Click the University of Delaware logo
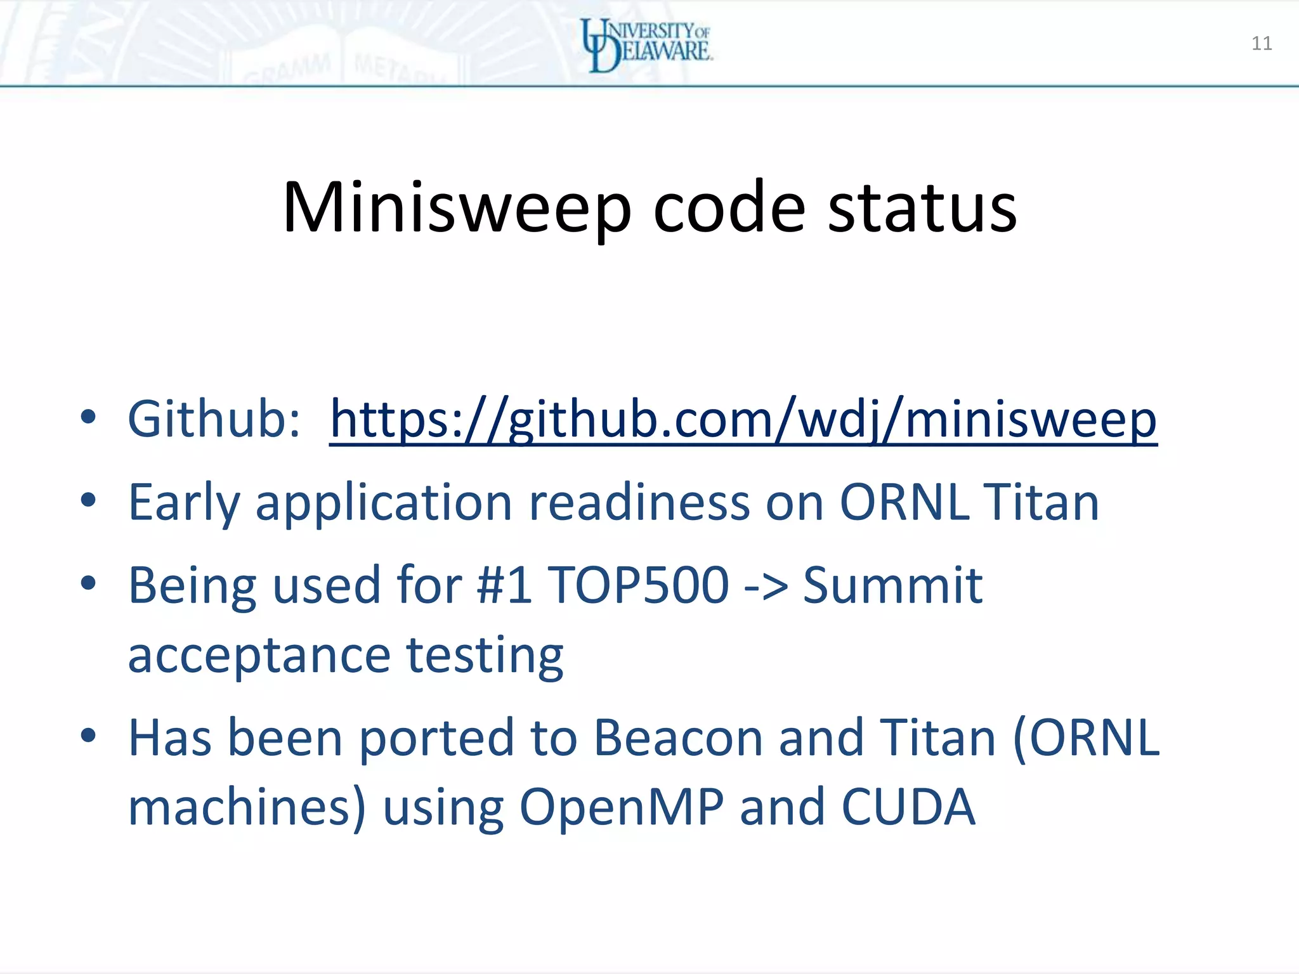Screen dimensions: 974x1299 click(647, 44)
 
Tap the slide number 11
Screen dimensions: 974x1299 click(1262, 43)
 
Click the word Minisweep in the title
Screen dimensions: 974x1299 click(457, 208)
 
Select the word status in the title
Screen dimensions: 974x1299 click(922, 208)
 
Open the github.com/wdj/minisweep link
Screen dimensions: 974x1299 click(743, 420)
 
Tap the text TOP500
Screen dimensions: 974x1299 click(637, 585)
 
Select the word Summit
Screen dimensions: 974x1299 click(892, 585)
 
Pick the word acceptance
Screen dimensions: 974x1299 click(259, 656)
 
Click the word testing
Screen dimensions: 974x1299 click(485, 656)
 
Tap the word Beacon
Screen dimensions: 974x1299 click(678, 738)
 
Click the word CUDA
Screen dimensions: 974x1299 click(908, 808)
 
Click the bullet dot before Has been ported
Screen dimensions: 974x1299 click(89, 736)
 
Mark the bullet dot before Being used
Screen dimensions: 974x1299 click(89, 582)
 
